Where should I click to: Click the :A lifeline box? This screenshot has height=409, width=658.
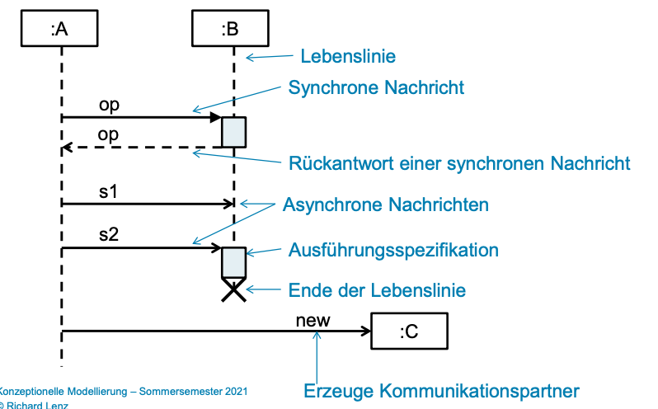point(59,28)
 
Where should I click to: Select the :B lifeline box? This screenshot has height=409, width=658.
point(230,28)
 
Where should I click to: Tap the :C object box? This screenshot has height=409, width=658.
point(410,331)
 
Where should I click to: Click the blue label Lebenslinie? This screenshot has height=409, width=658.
point(348,56)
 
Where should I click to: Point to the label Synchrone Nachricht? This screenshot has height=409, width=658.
point(376,87)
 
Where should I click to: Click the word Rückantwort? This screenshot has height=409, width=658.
point(341,163)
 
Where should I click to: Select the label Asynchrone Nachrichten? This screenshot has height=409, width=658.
point(386,204)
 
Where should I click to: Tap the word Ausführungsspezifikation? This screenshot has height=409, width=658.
point(393,250)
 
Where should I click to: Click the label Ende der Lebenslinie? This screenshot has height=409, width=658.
point(377,290)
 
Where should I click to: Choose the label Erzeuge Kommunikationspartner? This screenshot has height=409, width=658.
point(441,391)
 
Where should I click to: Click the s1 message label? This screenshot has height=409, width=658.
point(108,191)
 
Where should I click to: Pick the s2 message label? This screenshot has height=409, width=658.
point(109,234)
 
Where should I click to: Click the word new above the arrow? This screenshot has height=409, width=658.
point(313,321)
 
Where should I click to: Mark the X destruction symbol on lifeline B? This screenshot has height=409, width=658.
point(233,290)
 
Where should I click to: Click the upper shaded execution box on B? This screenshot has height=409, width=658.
point(233,132)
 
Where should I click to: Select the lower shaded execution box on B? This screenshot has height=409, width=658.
point(233,262)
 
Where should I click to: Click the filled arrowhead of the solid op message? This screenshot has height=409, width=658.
point(216,117)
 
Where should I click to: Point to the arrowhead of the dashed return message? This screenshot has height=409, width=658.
point(67,148)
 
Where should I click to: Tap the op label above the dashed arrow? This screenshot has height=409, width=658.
point(108,135)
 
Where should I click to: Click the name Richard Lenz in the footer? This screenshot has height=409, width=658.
point(37,405)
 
